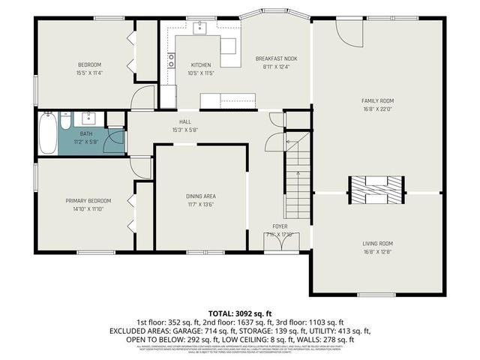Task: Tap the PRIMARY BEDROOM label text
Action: click(x=88, y=200)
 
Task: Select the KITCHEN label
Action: click(x=201, y=64)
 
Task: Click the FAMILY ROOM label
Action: click(x=377, y=100)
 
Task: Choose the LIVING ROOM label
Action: click(x=377, y=244)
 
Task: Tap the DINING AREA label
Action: click(x=201, y=196)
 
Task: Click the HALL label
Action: click(x=184, y=121)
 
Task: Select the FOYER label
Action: click(x=280, y=226)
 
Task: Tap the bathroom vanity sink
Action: click(x=90, y=118)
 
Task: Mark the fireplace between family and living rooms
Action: click(x=377, y=190)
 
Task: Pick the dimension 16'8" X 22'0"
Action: click(x=377, y=109)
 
